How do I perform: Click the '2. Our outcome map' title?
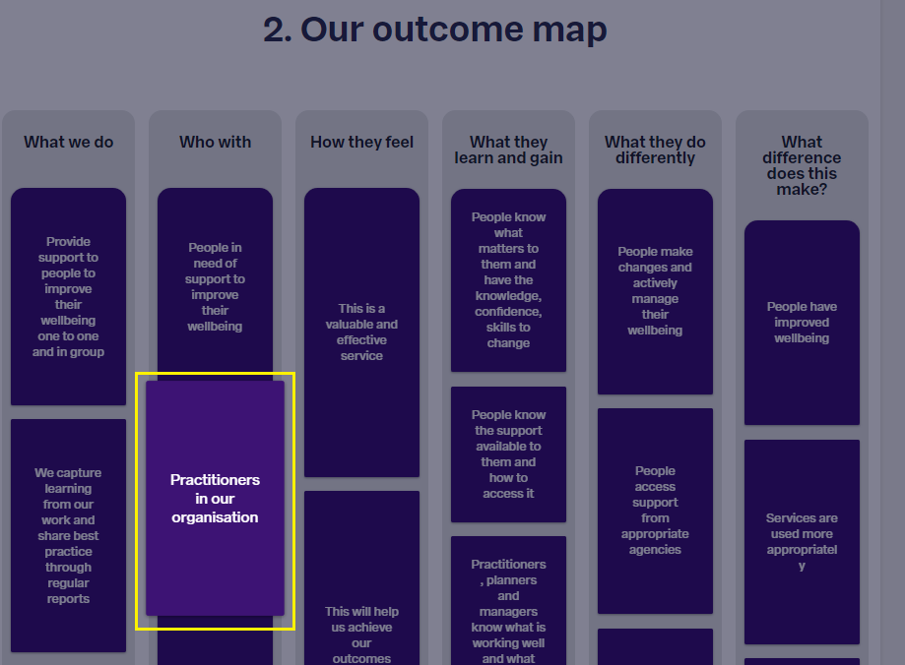coord(434,30)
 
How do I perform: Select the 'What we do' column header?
coord(68,142)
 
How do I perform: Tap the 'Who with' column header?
coord(216,142)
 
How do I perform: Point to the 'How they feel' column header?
coord(361,142)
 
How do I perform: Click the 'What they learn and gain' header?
coord(508,150)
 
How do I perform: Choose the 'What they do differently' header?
coord(655,150)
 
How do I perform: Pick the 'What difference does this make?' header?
coord(802,165)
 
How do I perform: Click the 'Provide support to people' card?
coord(68,296)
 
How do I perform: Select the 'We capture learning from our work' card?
coord(68,536)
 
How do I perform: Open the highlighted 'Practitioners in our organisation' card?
coord(216,499)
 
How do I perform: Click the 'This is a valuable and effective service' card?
coord(361,332)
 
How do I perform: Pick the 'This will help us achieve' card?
coord(361,577)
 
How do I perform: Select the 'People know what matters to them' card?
coord(508,280)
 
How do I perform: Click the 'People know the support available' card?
coord(508,454)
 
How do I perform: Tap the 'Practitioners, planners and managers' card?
coord(508,600)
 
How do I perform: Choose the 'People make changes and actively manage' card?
coord(655,292)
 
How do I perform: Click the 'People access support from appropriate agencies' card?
coord(655,511)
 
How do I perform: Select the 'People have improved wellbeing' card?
coord(802,323)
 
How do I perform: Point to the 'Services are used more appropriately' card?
coord(802,542)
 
